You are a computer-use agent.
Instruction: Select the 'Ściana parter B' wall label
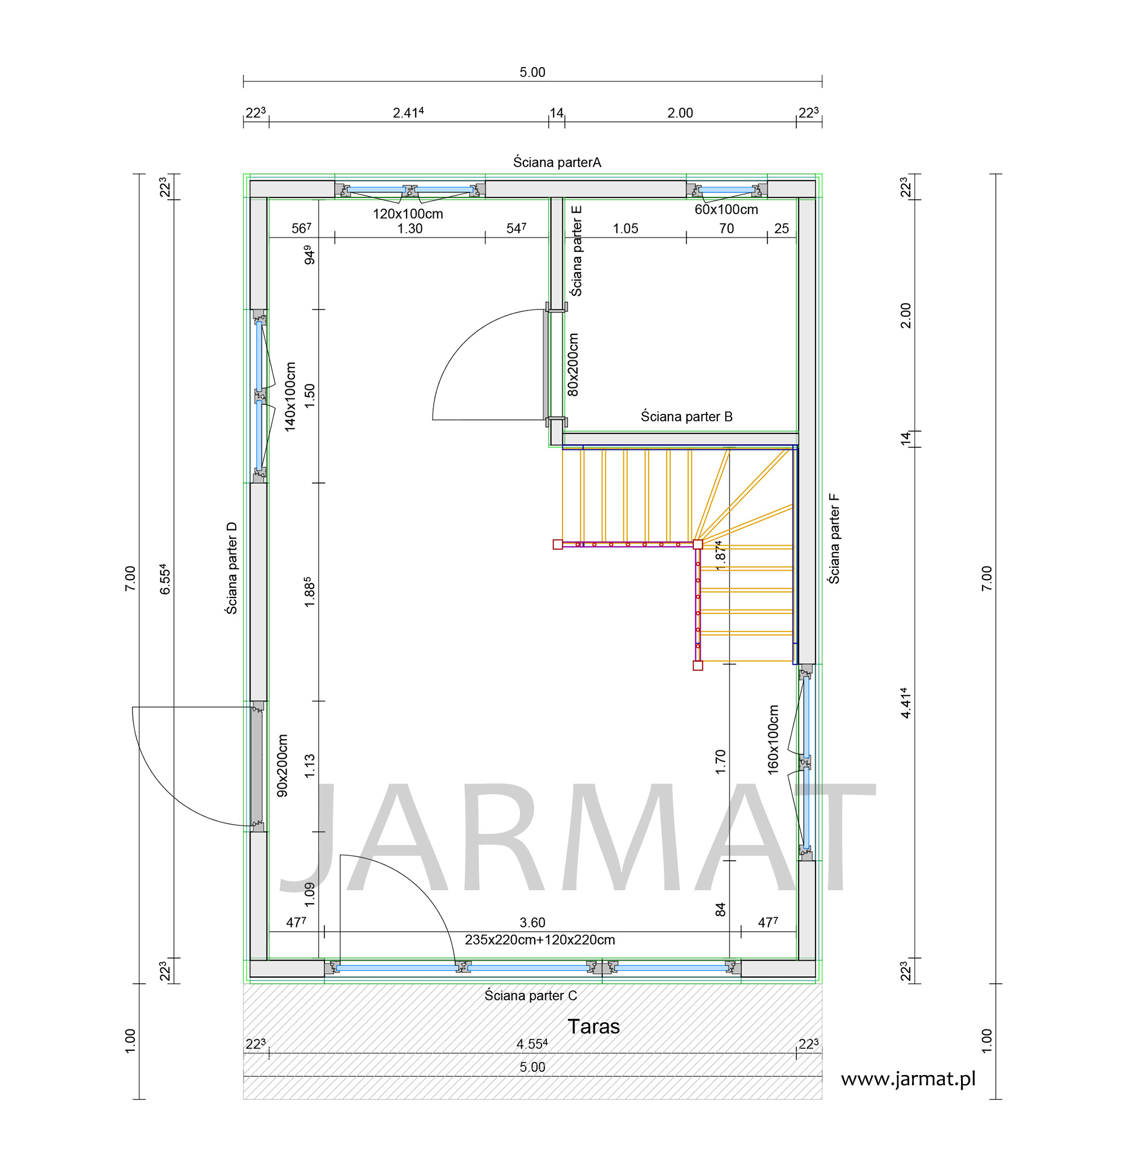coord(686,417)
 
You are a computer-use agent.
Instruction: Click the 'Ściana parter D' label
coord(232,568)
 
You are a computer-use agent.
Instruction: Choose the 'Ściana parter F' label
coord(834,538)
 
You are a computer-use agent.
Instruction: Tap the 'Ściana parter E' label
coord(576,250)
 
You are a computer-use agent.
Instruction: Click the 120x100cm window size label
coord(408,214)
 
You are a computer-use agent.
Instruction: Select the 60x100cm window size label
coord(726,209)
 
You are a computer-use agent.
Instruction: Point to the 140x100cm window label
coord(290,397)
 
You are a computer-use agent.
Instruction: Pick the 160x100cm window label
coord(773,740)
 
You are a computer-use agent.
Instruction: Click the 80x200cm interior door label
coord(573,364)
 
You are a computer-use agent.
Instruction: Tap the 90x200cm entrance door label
coord(283,765)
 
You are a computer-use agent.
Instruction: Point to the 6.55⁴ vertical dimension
coord(166,578)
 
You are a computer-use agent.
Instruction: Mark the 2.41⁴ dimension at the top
coord(408,113)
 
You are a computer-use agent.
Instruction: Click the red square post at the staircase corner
coord(698,545)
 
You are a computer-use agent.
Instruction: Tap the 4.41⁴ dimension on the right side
coord(906,703)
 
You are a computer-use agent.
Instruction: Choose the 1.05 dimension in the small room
coord(625,229)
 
